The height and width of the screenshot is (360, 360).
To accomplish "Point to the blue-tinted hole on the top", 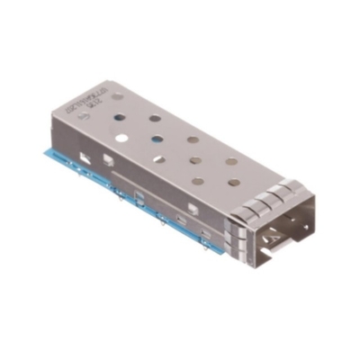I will tap(157, 141).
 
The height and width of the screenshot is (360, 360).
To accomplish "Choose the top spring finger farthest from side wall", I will tap(286, 186).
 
